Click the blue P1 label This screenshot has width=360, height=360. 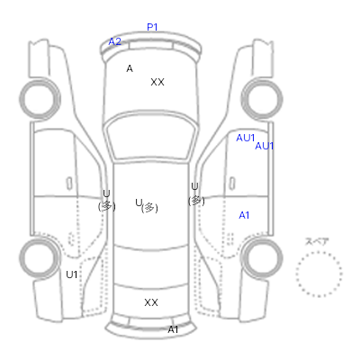[152, 27]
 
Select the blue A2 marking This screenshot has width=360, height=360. [115, 41]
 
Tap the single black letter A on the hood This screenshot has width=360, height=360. [130, 68]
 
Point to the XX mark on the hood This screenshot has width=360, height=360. [157, 82]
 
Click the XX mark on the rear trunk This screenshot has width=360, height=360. [151, 302]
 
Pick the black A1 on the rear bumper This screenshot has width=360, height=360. [173, 329]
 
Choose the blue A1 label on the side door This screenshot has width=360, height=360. [244, 215]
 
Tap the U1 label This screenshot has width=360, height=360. [72, 274]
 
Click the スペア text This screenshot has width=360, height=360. [317, 242]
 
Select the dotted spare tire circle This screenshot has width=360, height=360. [319, 252]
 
